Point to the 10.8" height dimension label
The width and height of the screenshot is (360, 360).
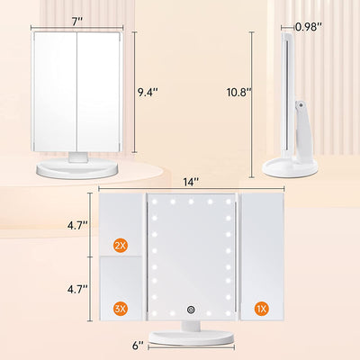(x=236, y=91)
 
